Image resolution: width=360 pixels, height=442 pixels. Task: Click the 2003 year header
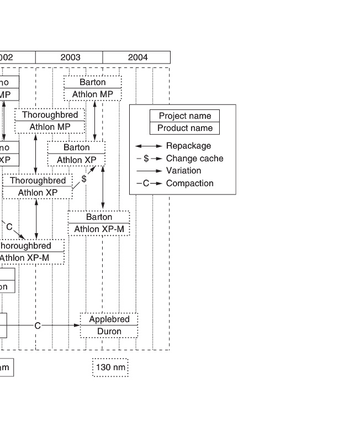point(70,57)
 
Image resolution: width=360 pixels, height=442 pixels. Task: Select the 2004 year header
point(137,57)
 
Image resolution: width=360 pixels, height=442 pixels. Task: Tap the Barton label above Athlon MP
point(92,82)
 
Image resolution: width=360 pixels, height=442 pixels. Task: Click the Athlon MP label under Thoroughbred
point(50,127)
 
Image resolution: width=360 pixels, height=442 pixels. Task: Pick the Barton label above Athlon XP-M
point(99,217)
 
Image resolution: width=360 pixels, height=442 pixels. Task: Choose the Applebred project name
point(109,319)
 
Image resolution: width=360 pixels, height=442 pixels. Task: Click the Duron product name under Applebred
point(109,331)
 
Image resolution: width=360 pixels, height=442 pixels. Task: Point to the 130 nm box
point(110,367)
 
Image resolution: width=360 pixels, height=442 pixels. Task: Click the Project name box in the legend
point(184,116)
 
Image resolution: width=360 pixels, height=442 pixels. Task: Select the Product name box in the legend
point(184,128)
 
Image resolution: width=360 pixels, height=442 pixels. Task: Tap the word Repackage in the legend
point(188,146)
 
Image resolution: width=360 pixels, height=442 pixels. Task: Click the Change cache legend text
point(194,159)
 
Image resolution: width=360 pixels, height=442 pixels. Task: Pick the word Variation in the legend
point(183,171)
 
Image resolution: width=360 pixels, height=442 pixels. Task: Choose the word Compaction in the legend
point(189,183)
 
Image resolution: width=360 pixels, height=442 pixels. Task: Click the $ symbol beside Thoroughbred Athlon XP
point(84,179)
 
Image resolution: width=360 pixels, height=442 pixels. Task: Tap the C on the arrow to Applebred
point(38,326)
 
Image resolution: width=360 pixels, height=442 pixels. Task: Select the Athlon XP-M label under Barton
point(99,229)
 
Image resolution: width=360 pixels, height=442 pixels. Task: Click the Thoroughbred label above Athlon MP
point(50,115)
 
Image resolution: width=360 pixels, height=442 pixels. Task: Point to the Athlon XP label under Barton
point(77,160)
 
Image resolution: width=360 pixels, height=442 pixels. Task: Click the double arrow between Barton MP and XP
point(96,120)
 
